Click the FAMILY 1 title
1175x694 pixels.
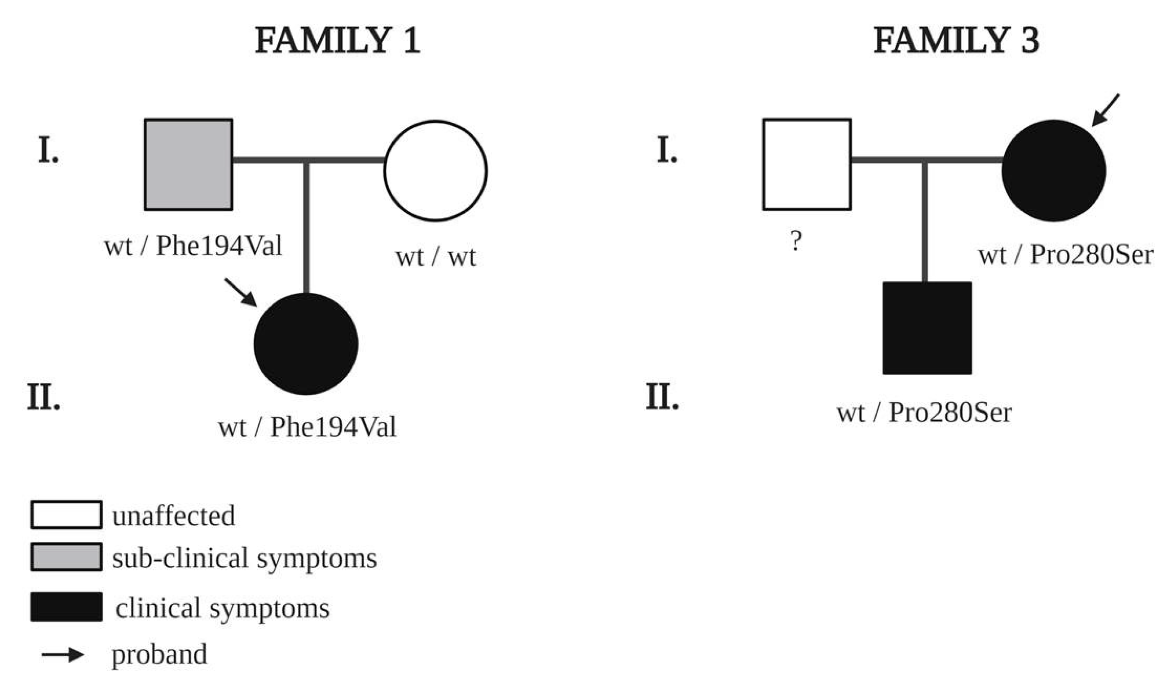click(337, 41)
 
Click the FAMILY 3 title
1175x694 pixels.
click(956, 41)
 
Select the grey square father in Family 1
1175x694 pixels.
click(188, 165)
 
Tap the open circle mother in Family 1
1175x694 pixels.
click(436, 171)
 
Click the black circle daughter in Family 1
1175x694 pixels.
click(306, 344)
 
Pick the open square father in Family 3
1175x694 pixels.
click(807, 165)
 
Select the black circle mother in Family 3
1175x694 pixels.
click(1053, 171)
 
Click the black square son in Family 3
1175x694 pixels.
click(927, 328)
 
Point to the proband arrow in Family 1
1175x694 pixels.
click(240, 292)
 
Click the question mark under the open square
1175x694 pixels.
click(796, 241)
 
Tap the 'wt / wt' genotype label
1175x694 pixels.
click(436, 257)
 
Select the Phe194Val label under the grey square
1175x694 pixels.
click(193, 246)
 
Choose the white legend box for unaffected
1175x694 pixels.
click(66, 515)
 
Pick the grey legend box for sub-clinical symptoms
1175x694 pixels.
click(66, 557)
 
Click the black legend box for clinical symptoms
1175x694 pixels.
click(66, 607)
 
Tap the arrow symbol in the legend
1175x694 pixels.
click(63, 655)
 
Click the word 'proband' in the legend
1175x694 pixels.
click(159, 654)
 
